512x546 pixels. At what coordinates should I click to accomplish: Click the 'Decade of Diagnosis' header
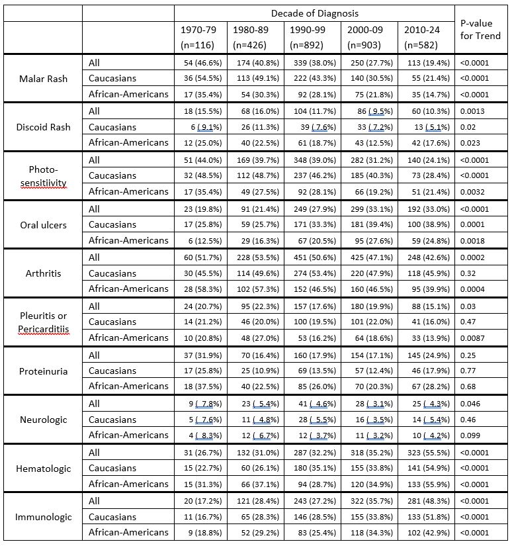pos(314,13)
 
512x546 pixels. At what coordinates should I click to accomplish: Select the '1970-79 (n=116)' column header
pos(200,37)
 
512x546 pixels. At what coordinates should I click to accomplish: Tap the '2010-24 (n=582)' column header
pos(425,37)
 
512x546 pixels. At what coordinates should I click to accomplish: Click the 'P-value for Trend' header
pos(480,29)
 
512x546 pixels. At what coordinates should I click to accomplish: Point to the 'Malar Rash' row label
pos(42,78)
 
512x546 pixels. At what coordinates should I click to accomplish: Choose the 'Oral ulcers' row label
pos(42,224)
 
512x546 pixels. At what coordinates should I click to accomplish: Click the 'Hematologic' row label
pos(42,469)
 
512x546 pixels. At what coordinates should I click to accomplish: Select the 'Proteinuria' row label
pos(42,371)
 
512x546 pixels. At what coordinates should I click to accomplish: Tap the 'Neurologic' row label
pos(42,420)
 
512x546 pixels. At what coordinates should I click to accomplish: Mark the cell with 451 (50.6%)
pos(313,257)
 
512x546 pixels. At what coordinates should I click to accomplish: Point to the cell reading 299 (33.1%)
pos(369,208)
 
